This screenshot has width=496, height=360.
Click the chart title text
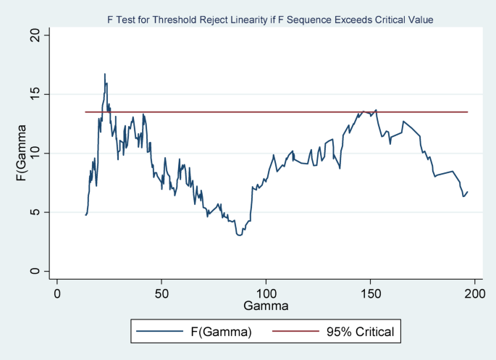coord(270,20)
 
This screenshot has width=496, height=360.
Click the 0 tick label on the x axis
coord(57,293)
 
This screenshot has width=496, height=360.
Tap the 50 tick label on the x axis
coord(161,293)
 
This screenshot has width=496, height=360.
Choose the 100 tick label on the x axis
coord(266,293)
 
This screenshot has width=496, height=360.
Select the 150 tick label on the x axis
coord(371,293)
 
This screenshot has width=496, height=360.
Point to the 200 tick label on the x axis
coord(474,293)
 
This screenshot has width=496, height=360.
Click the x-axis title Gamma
coord(266,306)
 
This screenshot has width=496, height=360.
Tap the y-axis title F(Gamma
coord(21,153)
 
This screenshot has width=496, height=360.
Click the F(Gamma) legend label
coord(221,332)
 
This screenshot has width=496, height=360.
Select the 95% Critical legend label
coord(361,332)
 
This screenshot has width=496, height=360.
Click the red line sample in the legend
coord(295,331)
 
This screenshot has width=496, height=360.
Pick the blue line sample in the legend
coord(160,331)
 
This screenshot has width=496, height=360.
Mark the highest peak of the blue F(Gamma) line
coord(105,74)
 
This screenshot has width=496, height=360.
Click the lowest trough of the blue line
coord(239,235)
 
